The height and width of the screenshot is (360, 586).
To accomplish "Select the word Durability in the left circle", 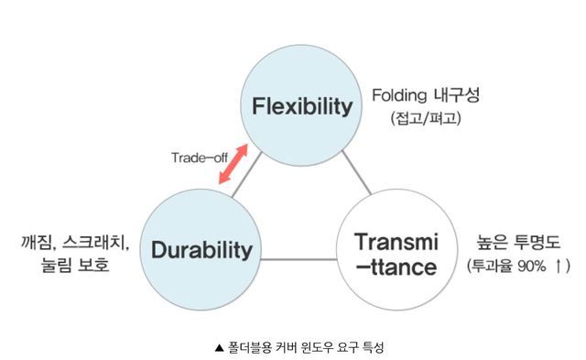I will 201,248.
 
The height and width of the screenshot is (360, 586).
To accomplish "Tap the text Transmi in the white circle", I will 396,242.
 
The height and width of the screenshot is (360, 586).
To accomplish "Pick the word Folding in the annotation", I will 404,95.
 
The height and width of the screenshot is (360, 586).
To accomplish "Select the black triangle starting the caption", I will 217,346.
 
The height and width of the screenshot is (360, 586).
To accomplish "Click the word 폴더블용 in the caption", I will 244,346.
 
